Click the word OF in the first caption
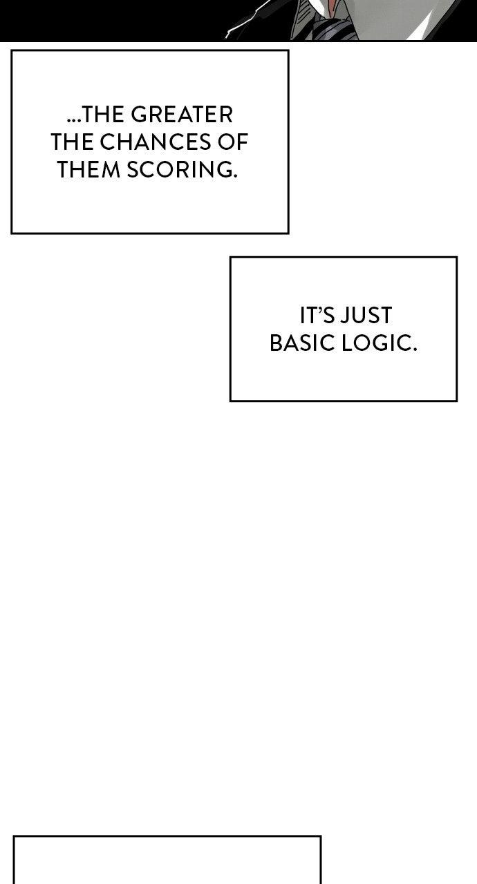point(236,142)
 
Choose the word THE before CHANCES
point(73,142)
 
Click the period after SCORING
point(235,176)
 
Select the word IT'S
point(317,316)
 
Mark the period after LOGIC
point(415,349)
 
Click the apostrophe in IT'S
point(323,309)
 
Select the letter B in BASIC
point(275,343)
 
